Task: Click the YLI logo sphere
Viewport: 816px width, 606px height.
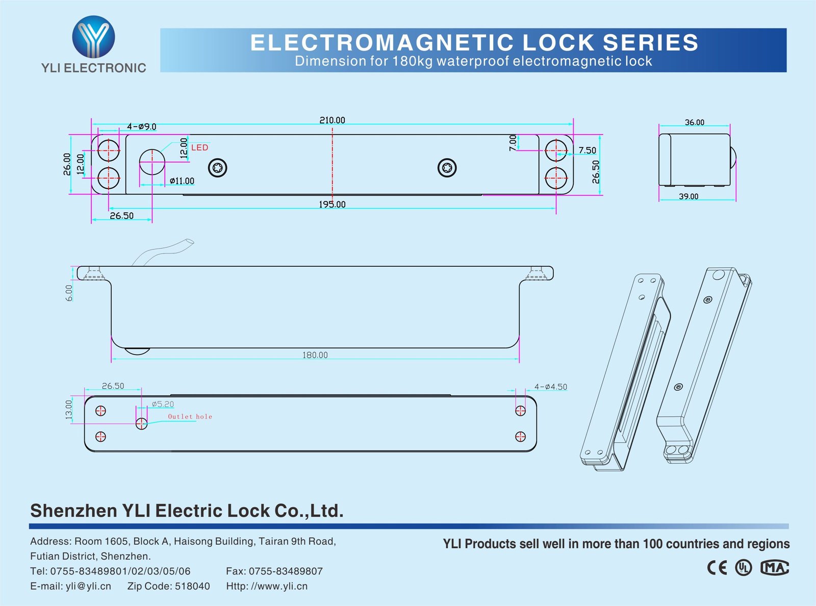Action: tap(93, 37)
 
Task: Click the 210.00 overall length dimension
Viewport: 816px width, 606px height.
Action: tap(332, 120)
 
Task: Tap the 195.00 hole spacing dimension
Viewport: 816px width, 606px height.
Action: tap(332, 205)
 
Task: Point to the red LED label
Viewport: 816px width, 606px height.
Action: tap(199, 147)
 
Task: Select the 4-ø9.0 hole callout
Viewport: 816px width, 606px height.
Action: tap(141, 127)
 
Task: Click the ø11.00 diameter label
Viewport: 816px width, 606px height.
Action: tap(182, 181)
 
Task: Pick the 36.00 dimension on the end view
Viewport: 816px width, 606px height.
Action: tap(694, 122)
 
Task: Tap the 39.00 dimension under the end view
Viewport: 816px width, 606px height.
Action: tap(688, 196)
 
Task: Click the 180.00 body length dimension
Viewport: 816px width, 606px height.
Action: tap(315, 355)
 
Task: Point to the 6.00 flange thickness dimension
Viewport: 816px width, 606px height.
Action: tap(69, 293)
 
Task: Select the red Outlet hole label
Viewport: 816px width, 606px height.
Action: tap(190, 417)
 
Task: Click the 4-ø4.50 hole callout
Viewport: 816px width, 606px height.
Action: tap(550, 387)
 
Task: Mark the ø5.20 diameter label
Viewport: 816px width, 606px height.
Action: tap(163, 404)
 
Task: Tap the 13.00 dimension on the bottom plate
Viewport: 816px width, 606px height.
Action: tap(69, 409)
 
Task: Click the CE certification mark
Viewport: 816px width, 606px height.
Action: tap(717, 567)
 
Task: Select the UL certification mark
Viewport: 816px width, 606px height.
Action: tap(743, 567)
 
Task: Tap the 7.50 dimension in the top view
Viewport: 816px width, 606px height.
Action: tap(587, 150)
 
